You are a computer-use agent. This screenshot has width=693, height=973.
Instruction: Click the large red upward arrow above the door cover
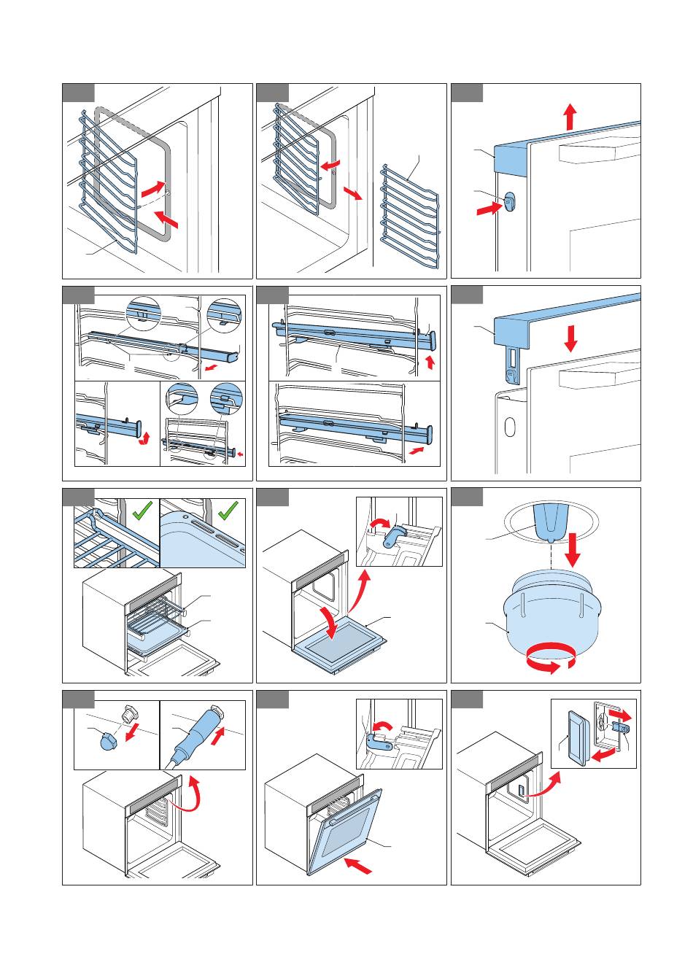pos(570,116)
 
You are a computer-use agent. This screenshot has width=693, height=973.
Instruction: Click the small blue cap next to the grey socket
pos(108,741)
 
